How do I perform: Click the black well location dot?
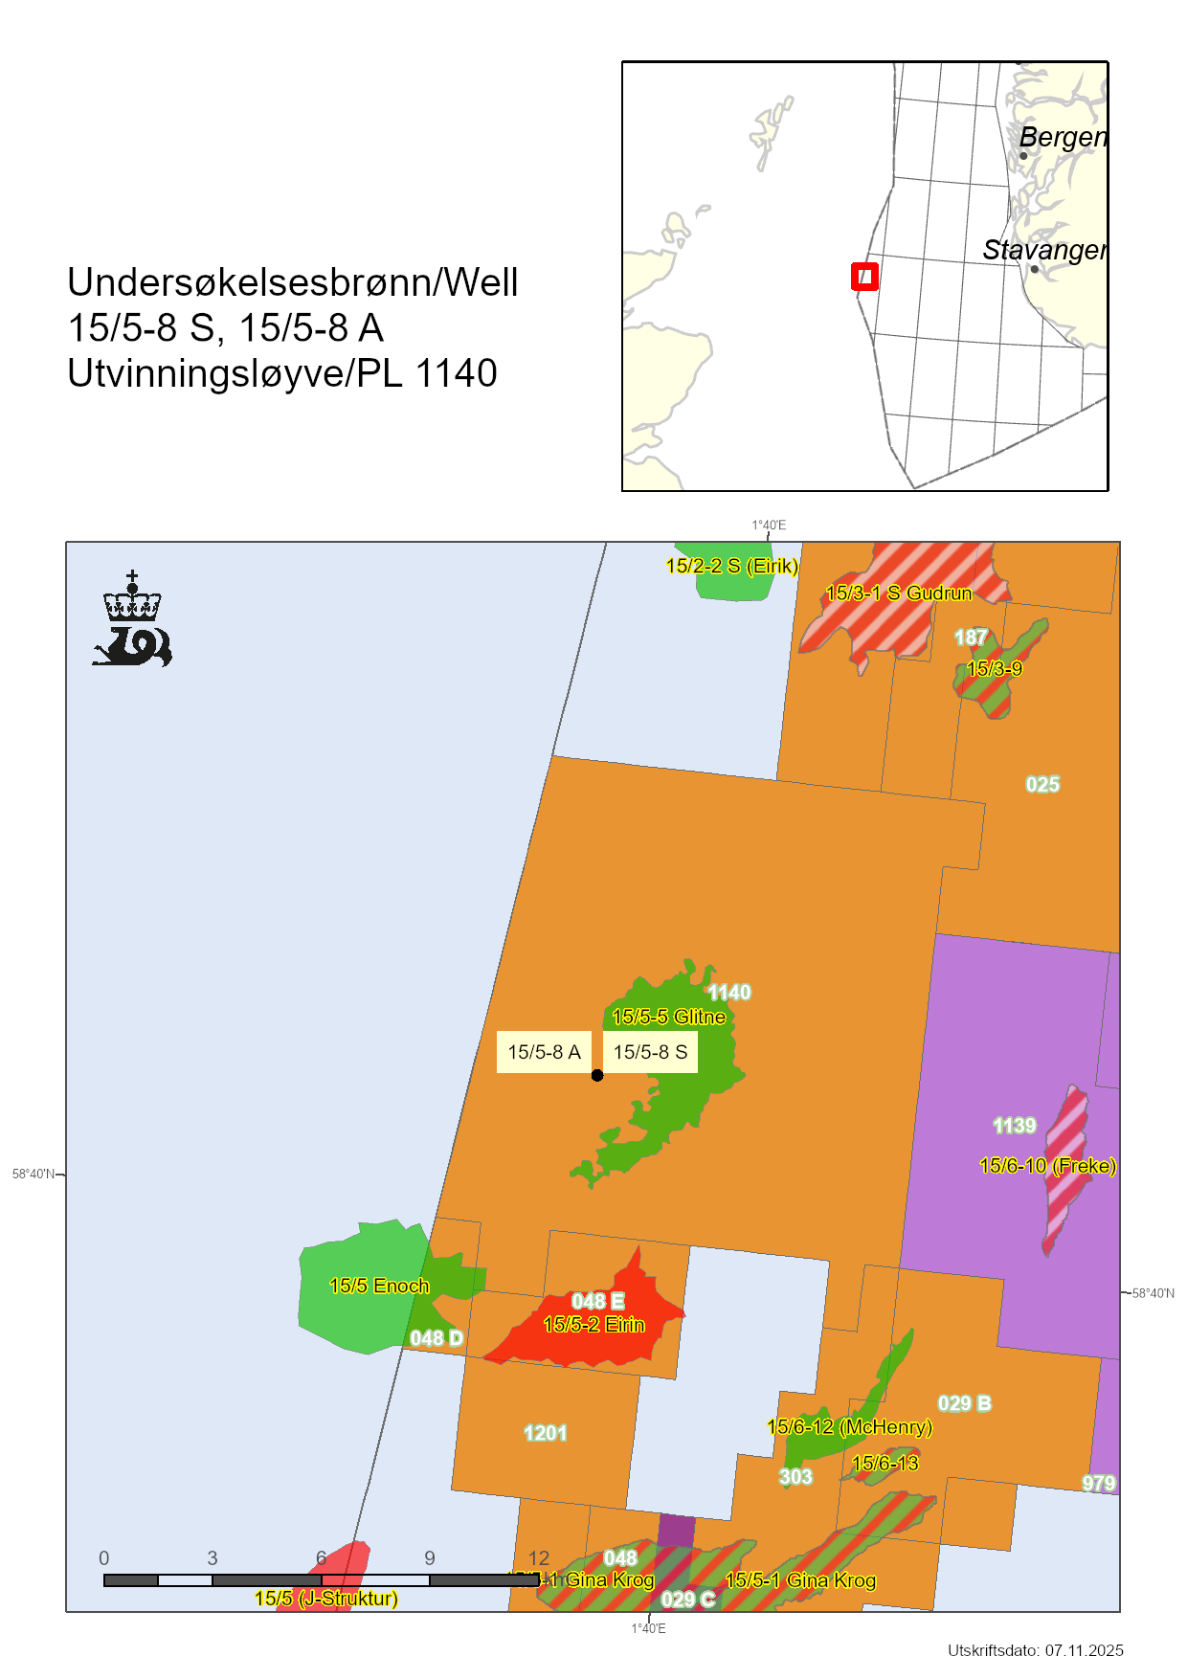(x=597, y=1075)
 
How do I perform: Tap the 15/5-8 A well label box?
(x=544, y=1052)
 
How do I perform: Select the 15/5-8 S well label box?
(x=650, y=1052)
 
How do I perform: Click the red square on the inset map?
(x=864, y=277)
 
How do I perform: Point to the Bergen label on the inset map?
(x=1063, y=137)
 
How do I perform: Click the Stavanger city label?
(x=1044, y=250)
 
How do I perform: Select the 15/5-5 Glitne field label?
(x=668, y=1017)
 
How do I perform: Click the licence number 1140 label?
(x=729, y=993)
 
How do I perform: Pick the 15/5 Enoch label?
(x=379, y=1286)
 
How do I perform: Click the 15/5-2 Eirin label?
(x=593, y=1325)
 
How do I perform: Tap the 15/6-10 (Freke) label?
(x=1047, y=1166)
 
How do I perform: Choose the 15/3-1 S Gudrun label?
(x=898, y=593)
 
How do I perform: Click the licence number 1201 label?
(x=546, y=1433)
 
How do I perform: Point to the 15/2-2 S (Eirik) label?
(x=731, y=566)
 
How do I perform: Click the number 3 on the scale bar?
(x=213, y=1558)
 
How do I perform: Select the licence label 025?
(x=1042, y=785)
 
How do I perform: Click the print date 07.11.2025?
(x=1084, y=1650)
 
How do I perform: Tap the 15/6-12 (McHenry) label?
(x=849, y=1427)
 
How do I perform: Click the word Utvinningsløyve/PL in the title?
(x=235, y=373)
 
